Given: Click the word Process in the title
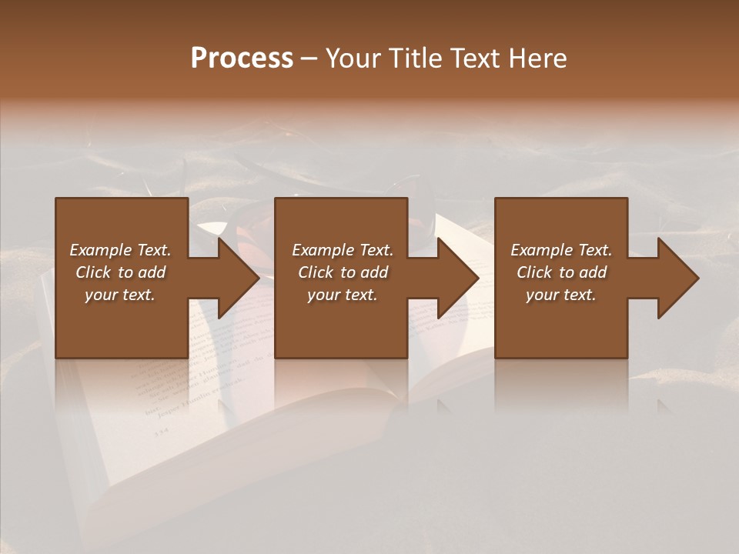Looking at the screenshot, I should pos(242,58).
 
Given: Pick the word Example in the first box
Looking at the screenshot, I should pos(100,250).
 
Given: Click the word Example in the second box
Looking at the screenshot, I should pos(323,250).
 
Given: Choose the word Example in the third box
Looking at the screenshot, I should pos(541,250).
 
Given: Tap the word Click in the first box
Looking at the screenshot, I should pos(94,272).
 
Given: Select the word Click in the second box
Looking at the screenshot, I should pos(316,272).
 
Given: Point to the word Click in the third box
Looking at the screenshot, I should pos(535,272).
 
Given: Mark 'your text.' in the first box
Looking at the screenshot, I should pos(120,295).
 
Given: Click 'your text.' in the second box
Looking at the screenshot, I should pos(343,295).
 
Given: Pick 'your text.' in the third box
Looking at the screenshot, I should pos(561,295).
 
